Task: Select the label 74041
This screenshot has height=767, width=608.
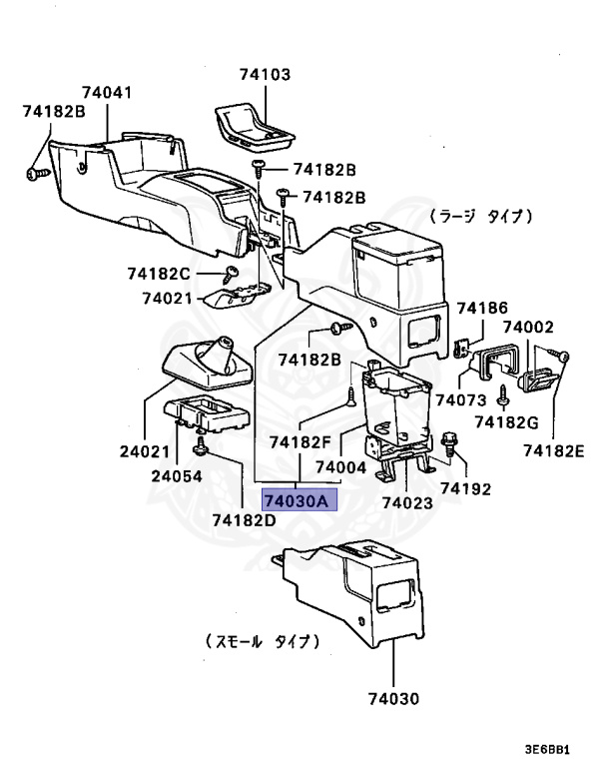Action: [108, 93]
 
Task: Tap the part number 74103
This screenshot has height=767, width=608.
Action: [265, 74]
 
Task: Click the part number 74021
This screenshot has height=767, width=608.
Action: [166, 298]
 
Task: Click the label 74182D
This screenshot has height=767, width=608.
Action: [243, 518]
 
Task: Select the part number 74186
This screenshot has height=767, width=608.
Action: [482, 308]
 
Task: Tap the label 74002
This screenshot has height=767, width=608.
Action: [528, 328]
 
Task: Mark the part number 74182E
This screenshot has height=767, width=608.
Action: [555, 450]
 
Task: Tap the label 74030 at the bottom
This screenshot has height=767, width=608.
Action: [390, 698]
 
